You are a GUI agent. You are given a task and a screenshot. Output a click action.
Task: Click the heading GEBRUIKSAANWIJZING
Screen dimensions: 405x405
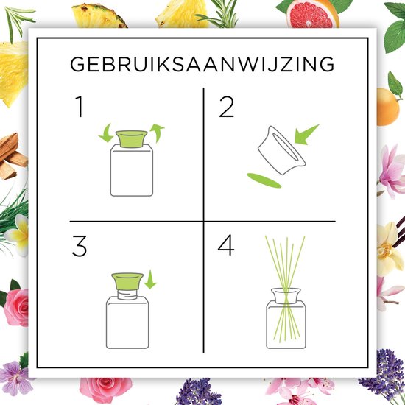202,64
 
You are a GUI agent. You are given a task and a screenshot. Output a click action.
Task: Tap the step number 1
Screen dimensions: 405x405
80,107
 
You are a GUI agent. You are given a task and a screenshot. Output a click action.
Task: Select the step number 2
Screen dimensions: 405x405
227,107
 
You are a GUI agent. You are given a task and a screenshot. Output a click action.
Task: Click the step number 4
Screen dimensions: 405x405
226,246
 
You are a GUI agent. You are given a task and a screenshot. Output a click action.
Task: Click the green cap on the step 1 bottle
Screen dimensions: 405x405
132,139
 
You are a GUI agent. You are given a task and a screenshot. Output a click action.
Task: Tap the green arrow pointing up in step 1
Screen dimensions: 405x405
157,133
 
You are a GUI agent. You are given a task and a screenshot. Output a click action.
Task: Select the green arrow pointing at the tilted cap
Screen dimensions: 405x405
306,134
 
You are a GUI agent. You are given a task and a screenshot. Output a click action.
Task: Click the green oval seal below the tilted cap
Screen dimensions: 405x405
264,180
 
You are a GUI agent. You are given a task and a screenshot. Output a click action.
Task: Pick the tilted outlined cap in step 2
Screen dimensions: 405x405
281,150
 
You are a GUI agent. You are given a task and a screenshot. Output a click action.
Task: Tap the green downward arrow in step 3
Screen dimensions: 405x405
150,280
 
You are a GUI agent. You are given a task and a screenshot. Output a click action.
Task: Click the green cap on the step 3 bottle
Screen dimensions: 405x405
127,281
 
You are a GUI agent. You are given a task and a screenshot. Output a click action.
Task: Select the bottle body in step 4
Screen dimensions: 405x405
286,325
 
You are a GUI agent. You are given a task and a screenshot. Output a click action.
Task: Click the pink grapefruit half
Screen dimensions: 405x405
312,13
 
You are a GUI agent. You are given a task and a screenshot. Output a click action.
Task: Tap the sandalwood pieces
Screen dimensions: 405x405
12,157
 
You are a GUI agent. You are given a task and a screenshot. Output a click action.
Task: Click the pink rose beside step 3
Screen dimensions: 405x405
16,307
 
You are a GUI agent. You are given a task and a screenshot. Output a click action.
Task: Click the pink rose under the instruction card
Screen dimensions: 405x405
105,390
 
